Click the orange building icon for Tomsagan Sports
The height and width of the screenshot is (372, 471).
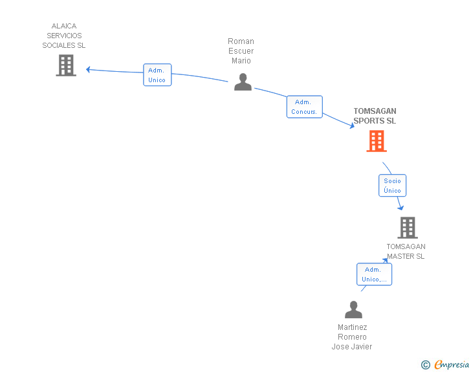(x=377, y=141)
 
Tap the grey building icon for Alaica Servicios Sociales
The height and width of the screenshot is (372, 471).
(x=66, y=65)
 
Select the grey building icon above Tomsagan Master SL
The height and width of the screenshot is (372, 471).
(x=408, y=228)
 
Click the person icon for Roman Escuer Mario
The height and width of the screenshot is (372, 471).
(x=243, y=82)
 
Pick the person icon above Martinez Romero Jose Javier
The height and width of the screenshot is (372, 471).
(x=353, y=309)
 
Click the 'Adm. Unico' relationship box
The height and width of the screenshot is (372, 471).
(x=157, y=75)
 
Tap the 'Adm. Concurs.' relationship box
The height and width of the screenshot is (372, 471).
(x=305, y=107)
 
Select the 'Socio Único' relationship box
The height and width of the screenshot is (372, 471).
(x=392, y=186)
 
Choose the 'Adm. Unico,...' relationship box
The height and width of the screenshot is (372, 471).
(x=374, y=274)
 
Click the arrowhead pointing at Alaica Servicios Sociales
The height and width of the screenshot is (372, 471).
(x=88, y=70)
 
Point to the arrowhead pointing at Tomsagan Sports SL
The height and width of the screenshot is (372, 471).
(x=352, y=126)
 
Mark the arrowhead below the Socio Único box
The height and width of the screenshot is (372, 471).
(x=400, y=208)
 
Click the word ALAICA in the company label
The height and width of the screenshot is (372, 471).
(x=64, y=26)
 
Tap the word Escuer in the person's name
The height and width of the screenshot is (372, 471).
(x=241, y=50)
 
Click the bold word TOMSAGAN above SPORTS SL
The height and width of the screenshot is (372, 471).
(x=375, y=111)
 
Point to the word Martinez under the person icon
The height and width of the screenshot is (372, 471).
(x=353, y=327)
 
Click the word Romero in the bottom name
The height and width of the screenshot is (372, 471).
(x=352, y=337)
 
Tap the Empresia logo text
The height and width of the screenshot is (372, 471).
(x=452, y=364)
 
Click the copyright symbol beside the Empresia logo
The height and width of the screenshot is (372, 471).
(x=426, y=365)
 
